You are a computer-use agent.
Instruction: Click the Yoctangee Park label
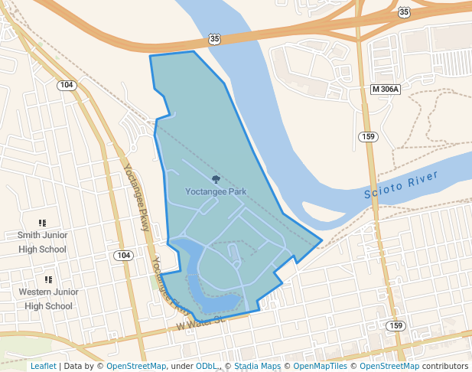[x=216, y=191]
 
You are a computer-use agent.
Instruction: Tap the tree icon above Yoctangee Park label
[x=216, y=178]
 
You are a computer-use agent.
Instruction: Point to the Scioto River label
[x=402, y=186]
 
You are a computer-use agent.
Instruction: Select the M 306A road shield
[x=385, y=90]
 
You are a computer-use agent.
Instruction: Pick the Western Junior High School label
[x=48, y=299]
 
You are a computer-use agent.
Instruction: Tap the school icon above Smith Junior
[x=42, y=223]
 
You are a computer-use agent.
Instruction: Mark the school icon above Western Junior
[x=48, y=280]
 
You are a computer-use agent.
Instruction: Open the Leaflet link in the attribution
[x=43, y=366]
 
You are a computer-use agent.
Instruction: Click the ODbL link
[x=206, y=366]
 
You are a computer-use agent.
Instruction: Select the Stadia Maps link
[x=257, y=366]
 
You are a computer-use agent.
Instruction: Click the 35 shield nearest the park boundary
[x=216, y=38]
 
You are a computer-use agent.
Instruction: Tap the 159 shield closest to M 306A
[x=369, y=136]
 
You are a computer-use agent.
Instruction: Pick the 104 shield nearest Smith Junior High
[x=122, y=255]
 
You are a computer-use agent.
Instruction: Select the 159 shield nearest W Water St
[x=395, y=326]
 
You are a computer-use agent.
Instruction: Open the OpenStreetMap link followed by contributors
[x=389, y=366]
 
